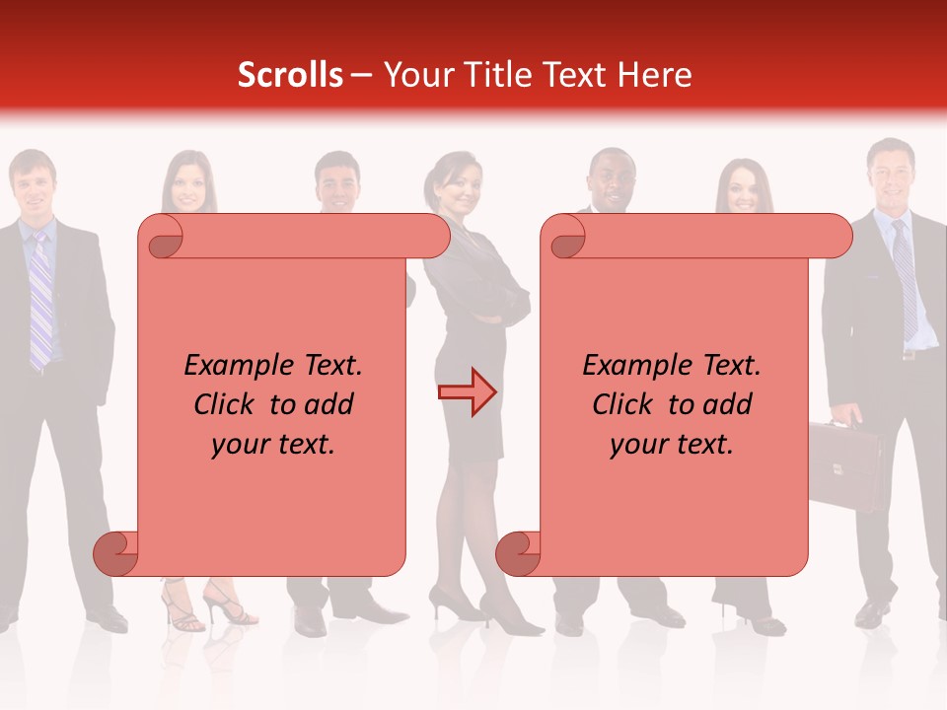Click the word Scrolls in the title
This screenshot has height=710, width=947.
290,75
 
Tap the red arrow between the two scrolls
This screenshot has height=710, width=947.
468,391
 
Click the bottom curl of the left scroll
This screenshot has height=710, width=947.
116,553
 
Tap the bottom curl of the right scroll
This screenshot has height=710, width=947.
519,553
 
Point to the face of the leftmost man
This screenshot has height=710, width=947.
33,183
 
